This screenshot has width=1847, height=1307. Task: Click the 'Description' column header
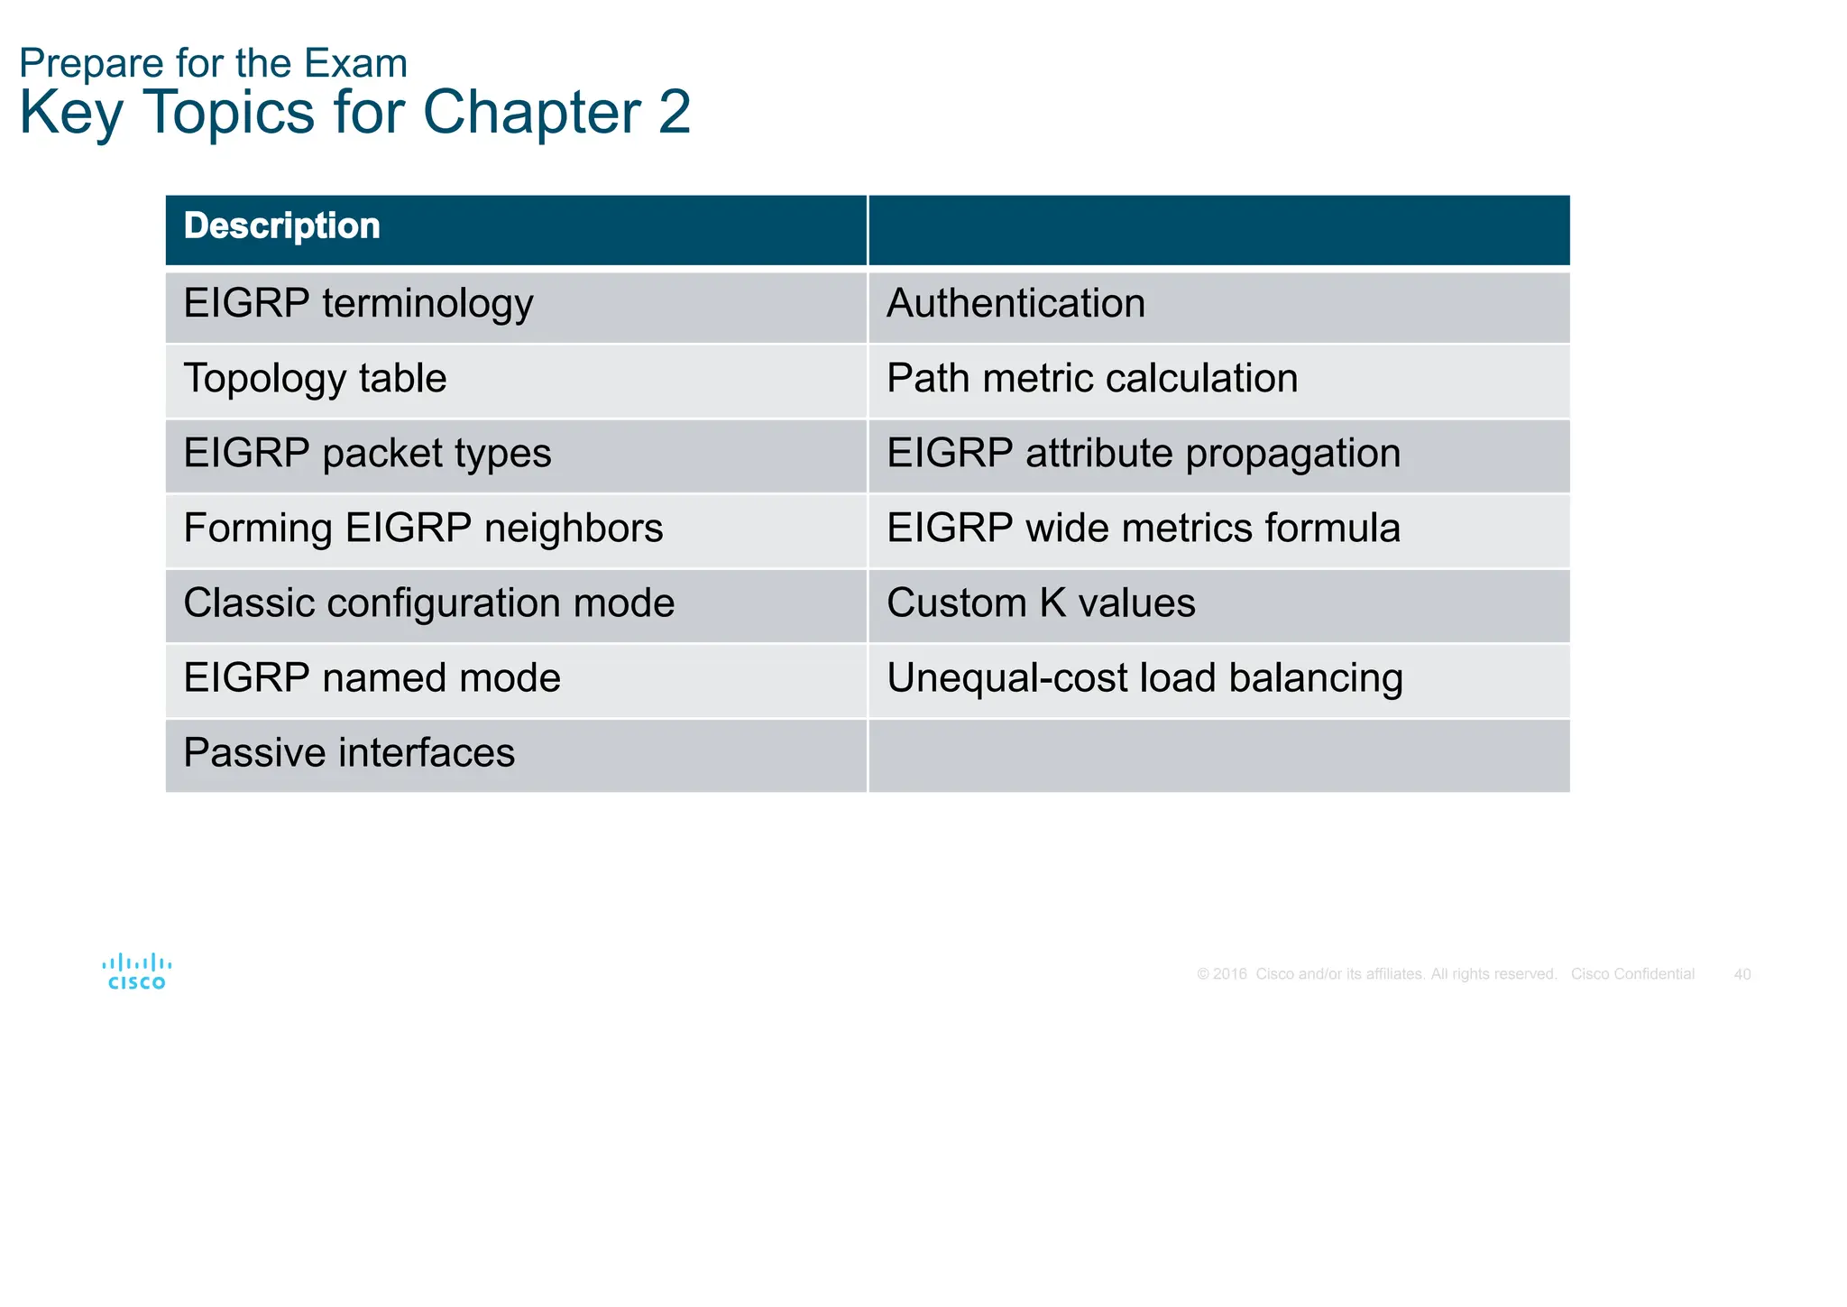(x=281, y=226)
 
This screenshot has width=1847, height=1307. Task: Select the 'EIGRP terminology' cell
(x=358, y=304)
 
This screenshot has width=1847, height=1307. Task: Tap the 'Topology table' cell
(x=315, y=379)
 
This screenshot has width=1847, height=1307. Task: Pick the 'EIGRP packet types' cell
(x=367, y=454)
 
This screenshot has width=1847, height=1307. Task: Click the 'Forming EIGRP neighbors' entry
(x=423, y=529)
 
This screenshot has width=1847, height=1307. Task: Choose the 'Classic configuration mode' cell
(x=428, y=603)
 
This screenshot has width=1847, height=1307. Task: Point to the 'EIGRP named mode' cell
(x=372, y=678)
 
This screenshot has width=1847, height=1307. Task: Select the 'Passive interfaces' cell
(x=349, y=753)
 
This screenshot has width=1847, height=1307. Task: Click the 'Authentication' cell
(x=1015, y=304)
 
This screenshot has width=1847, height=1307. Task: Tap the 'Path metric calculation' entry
(x=1092, y=379)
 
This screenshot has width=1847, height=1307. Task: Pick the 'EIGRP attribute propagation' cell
(x=1144, y=454)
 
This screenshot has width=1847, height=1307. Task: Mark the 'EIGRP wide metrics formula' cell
(x=1144, y=529)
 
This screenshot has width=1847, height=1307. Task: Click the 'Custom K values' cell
(x=1041, y=603)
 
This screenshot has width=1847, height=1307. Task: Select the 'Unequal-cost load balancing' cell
(x=1144, y=678)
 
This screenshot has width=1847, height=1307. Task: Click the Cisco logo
(x=137, y=971)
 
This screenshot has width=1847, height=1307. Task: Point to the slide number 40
(x=1742, y=974)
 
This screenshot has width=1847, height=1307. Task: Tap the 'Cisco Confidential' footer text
(x=1632, y=974)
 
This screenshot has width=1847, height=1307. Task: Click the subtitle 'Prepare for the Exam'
(x=213, y=63)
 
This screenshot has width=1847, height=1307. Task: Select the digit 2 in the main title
(x=674, y=113)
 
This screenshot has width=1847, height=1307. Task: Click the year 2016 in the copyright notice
(x=1229, y=974)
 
